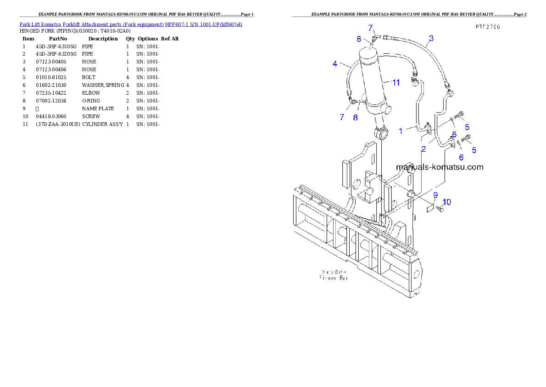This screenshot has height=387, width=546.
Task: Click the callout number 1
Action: tap(401, 131)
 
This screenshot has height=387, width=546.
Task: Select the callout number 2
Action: tap(424, 149)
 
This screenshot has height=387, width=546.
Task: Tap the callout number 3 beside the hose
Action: tap(431, 38)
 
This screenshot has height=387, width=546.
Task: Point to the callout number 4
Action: tap(335, 64)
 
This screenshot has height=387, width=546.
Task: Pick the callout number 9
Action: tap(435, 195)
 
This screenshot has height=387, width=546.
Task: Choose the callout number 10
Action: tap(447, 202)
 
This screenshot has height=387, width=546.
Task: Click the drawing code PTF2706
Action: tap(487, 27)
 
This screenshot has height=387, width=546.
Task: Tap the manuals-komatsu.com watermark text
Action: tap(439, 167)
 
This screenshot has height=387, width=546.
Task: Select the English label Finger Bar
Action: tap(334, 278)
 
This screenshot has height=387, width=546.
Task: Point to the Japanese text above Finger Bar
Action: tap(334, 272)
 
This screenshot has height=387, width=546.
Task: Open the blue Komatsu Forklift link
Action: tap(131, 24)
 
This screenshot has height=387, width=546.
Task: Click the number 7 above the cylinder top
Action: tap(371, 28)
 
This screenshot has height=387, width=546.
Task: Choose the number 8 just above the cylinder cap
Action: tap(359, 39)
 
